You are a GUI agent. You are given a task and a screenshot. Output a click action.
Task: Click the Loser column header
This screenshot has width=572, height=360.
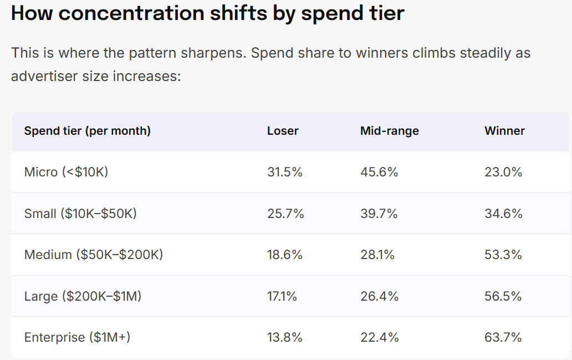(x=283, y=131)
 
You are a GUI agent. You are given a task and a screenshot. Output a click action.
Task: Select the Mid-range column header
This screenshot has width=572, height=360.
(x=390, y=131)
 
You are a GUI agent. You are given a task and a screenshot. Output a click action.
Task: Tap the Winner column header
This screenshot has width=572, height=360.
(x=504, y=131)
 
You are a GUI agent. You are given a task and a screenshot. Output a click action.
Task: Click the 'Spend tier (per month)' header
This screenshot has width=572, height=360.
(x=87, y=131)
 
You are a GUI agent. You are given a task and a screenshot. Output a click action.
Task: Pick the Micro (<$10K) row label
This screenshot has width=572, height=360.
(x=66, y=171)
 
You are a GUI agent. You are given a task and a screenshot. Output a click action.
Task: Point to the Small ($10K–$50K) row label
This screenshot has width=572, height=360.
(x=80, y=213)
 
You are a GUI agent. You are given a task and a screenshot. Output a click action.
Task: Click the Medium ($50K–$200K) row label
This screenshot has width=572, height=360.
(x=93, y=255)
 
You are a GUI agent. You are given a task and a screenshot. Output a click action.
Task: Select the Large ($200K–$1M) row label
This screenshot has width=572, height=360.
(x=83, y=296)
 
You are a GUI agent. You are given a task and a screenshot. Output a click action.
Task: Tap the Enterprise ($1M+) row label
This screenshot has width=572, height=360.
(x=77, y=337)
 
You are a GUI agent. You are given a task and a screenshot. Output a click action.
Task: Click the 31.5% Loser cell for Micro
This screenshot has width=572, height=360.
(x=284, y=172)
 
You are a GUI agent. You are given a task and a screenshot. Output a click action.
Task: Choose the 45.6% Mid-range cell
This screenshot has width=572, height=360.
(x=379, y=172)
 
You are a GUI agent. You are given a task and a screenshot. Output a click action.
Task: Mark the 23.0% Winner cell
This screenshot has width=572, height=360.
(x=503, y=172)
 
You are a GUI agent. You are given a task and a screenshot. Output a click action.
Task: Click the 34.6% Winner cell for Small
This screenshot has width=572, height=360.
(x=503, y=214)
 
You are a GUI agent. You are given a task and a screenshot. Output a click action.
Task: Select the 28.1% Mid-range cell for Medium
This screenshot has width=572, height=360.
(x=377, y=255)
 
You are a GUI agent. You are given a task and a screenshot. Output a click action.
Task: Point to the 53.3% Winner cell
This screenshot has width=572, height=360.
(x=503, y=255)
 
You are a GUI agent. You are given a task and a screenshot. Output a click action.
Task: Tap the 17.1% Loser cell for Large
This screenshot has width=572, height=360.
(x=282, y=296)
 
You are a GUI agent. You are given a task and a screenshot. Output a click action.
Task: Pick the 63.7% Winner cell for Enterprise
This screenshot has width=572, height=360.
(x=503, y=337)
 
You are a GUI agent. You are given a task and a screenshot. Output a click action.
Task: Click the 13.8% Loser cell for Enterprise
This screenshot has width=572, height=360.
(x=284, y=337)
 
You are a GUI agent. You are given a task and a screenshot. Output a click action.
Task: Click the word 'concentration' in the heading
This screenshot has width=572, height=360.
(x=131, y=13)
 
